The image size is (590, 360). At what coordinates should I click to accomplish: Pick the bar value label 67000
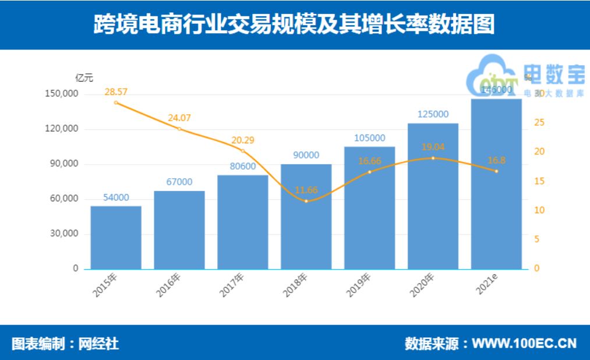point(179,182)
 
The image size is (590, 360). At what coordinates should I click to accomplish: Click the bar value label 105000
point(369,137)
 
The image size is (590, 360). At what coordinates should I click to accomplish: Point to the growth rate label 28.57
point(116,92)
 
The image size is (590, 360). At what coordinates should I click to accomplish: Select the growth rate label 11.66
point(306,189)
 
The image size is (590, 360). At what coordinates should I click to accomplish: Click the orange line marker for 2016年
point(179,129)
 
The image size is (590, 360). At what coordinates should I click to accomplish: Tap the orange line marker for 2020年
point(433,158)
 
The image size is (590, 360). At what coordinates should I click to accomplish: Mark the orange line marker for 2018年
point(306,201)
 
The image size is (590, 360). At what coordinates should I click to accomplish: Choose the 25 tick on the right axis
point(539,123)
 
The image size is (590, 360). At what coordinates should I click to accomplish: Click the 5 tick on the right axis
point(537,239)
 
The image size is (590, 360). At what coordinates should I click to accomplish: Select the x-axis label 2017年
point(232,285)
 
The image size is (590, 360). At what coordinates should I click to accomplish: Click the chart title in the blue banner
point(295,24)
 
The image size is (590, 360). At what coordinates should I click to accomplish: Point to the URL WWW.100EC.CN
point(524,343)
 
